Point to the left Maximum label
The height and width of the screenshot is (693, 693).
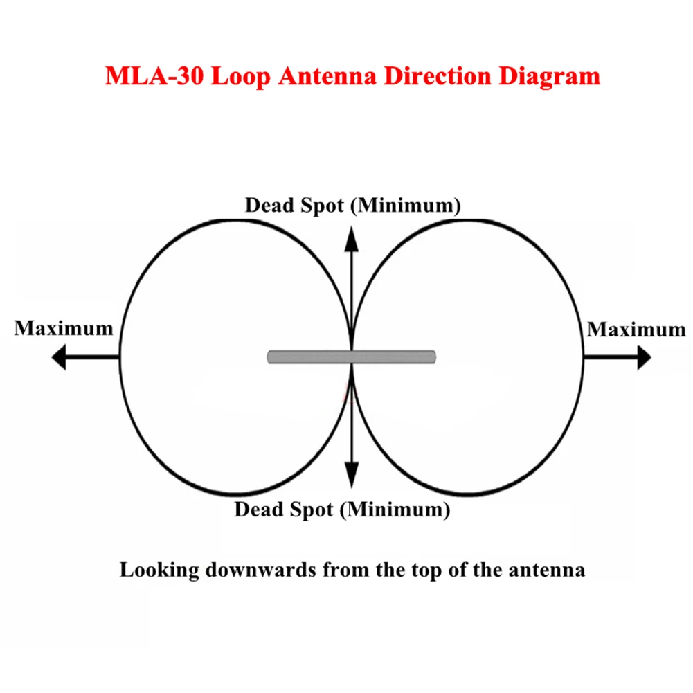(64, 327)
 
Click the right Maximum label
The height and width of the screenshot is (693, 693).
(636, 330)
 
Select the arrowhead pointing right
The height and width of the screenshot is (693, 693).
(643, 357)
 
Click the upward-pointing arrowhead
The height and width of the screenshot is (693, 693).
(352, 239)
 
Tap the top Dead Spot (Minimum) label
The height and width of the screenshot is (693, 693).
(353, 206)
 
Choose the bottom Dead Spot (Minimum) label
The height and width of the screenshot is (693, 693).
(342, 510)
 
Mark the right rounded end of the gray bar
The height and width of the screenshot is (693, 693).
(433, 357)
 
